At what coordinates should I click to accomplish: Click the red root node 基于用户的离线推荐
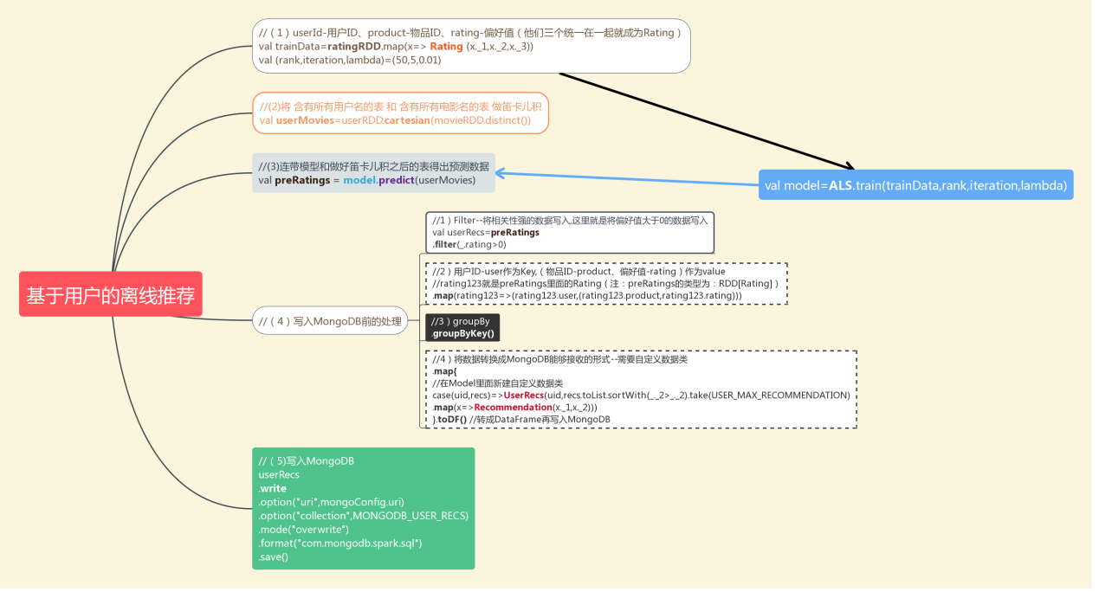click(110, 295)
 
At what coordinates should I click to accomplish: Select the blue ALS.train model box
click(915, 185)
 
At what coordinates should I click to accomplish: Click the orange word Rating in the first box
click(446, 47)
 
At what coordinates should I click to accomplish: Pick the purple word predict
click(396, 180)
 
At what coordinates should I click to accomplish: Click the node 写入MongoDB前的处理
click(330, 322)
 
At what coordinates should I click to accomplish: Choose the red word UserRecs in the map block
click(524, 395)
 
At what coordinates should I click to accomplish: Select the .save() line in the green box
click(274, 557)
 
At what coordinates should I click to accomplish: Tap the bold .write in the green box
click(272, 488)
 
